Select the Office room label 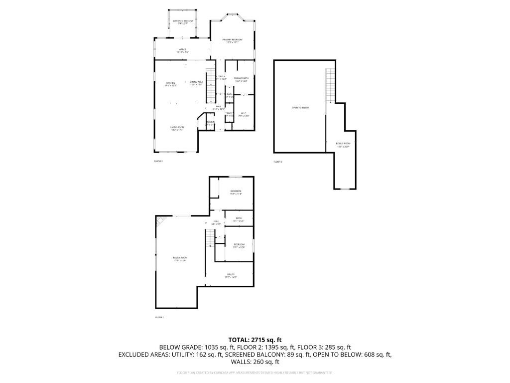pos(182,50)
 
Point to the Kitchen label pos(170,84)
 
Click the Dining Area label pos(196,83)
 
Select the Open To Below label pos(297,107)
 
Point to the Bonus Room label pos(343,145)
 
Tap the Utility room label pos(231,276)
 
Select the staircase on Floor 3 pos(329,85)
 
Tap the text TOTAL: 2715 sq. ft pos(255,340)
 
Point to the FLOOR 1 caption pos(159,317)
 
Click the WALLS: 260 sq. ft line pos(255,362)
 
